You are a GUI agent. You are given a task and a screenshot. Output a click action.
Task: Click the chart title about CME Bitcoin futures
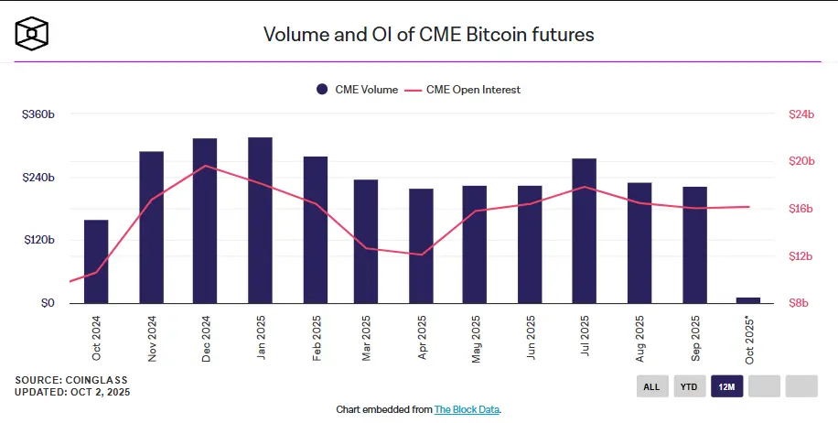[429, 35]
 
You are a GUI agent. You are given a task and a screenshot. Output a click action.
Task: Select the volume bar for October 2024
[96, 261]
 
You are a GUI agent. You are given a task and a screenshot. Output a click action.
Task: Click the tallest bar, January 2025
[260, 220]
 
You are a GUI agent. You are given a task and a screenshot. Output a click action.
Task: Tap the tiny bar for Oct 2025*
[748, 299]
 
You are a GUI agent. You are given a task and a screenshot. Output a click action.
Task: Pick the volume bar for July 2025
[585, 231]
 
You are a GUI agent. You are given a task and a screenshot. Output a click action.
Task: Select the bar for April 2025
[421, 245]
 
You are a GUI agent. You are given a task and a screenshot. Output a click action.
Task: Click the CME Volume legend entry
[357, 90]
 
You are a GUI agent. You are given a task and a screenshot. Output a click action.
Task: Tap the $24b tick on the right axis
[800, 114]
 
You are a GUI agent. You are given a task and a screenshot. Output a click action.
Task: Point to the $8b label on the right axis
[799, 303]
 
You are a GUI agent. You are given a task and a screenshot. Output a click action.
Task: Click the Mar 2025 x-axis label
[367, 338]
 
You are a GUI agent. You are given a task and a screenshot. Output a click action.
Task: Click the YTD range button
[689, 386]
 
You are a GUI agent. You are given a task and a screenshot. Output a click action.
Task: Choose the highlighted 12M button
[726, 386]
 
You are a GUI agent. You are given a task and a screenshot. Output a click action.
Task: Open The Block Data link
[467, 409]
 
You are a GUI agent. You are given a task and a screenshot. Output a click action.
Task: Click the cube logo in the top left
[32, 34]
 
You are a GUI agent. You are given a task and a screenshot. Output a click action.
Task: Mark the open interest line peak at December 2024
[207, 166]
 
